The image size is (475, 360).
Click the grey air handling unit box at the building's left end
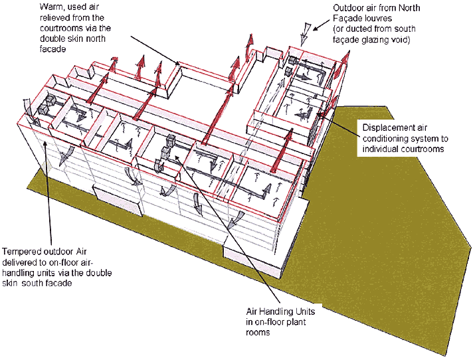[47, 105]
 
